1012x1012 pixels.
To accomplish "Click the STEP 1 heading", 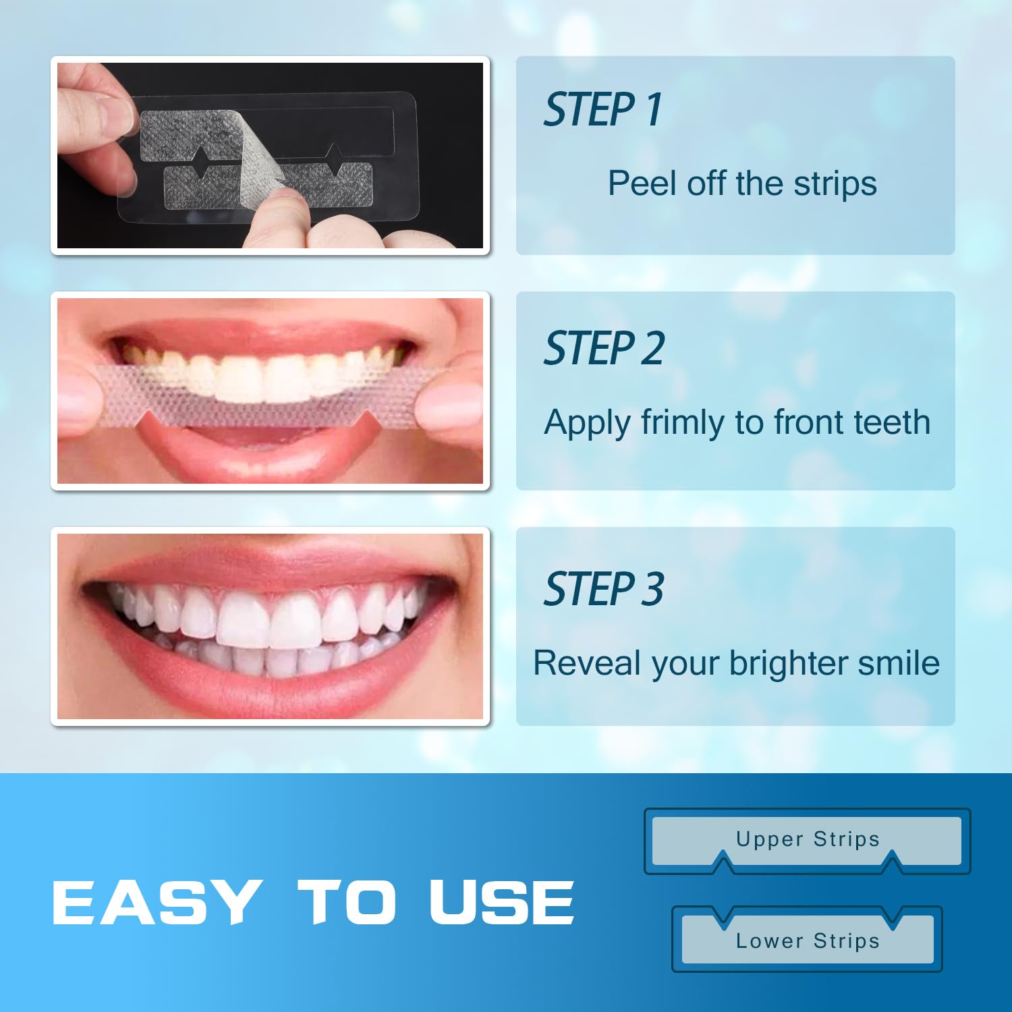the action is coord(602,110).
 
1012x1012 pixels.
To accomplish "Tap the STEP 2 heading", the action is coord(604,349).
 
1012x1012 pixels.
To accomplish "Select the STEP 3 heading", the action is coord(604,589).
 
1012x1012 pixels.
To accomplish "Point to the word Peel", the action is coord(642,184).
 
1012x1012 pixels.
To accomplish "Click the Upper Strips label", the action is coord(808,839).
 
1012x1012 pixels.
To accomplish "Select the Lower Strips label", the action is coord(808,940).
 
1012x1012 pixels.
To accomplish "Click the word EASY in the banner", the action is coord(154,902).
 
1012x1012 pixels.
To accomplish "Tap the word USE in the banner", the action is coord(502,902).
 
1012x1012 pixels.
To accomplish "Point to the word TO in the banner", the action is coord(347,902).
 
